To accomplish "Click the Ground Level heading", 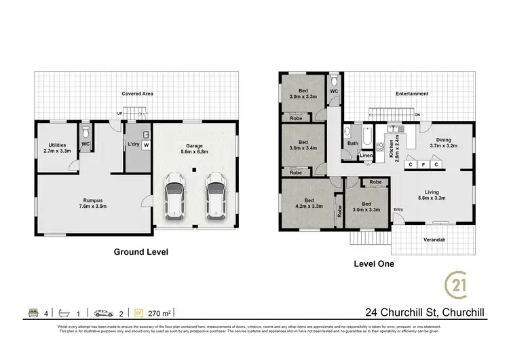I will (140, 251).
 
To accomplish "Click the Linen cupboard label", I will (366, 156).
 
